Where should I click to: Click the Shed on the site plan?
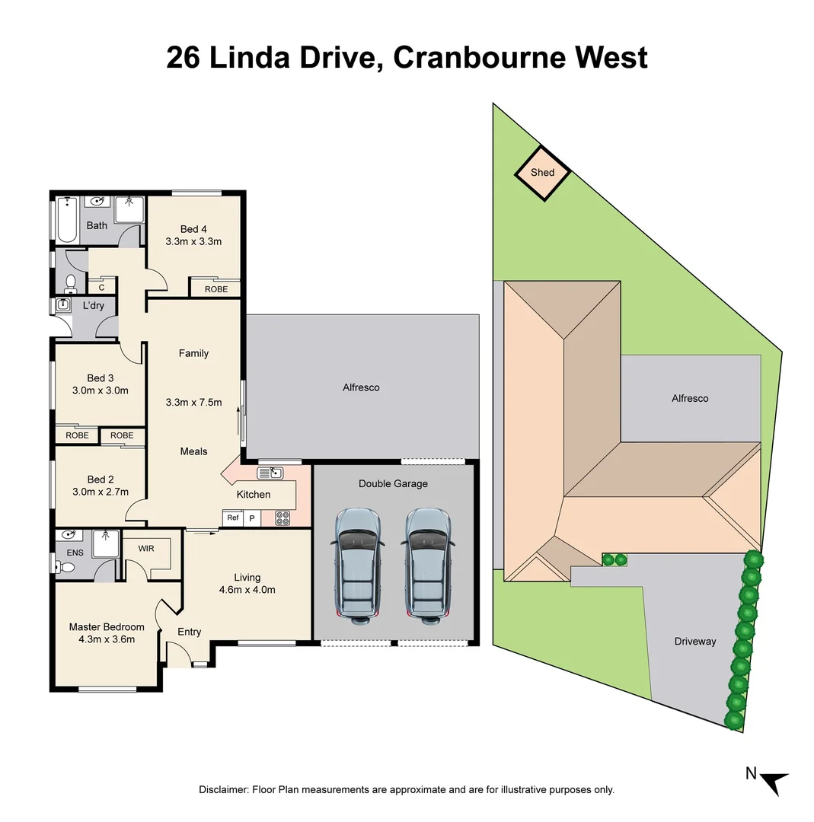542,173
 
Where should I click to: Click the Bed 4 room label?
193,229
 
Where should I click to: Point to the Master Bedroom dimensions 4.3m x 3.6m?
107,639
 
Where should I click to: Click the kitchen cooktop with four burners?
283,518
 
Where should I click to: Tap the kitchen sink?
270,473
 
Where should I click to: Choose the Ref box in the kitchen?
233,518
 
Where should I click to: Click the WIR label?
147,548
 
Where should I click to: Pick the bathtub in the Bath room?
67,221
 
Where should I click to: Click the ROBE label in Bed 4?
216,289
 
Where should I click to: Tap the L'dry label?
93,306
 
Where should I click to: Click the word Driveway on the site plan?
694,642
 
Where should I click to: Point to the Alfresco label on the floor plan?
361,387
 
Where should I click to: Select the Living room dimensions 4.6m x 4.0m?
247,590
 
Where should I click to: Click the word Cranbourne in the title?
468,58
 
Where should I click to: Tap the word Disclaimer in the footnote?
223,790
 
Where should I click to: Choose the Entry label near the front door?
190,632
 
